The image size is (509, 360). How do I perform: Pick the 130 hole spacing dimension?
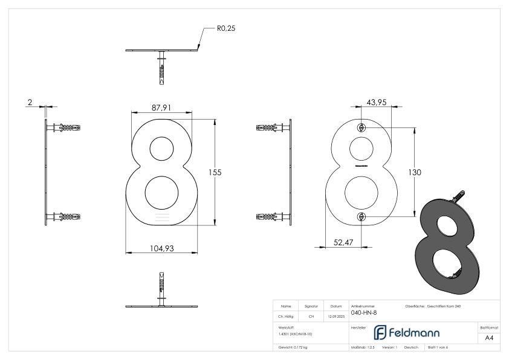coord(415,172)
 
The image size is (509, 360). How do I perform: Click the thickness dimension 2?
coord(29,103)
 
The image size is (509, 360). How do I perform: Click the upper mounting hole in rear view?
coord(361,127)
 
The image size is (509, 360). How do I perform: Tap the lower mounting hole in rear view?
coord(361,217)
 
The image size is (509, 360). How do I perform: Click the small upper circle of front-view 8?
coord(160,149)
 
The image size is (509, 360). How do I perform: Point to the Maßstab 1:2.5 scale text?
coord(363,347)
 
